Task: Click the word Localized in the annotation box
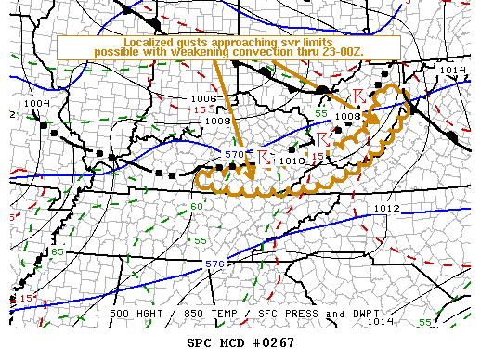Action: pyautogui.click(x=149, y=43)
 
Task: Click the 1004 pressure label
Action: pyautogui.click(x=36, y=103)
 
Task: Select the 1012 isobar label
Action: pyautogui.click(x=386, y=208)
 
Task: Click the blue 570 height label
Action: pyautogui.click(x=236, y=154)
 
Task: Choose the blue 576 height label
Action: pyautogui.click(x=215, y=264)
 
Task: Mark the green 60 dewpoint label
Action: pyautogui.click(x=196, y=206)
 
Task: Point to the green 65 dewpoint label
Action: pyautogui.click(x=57, y=252)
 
